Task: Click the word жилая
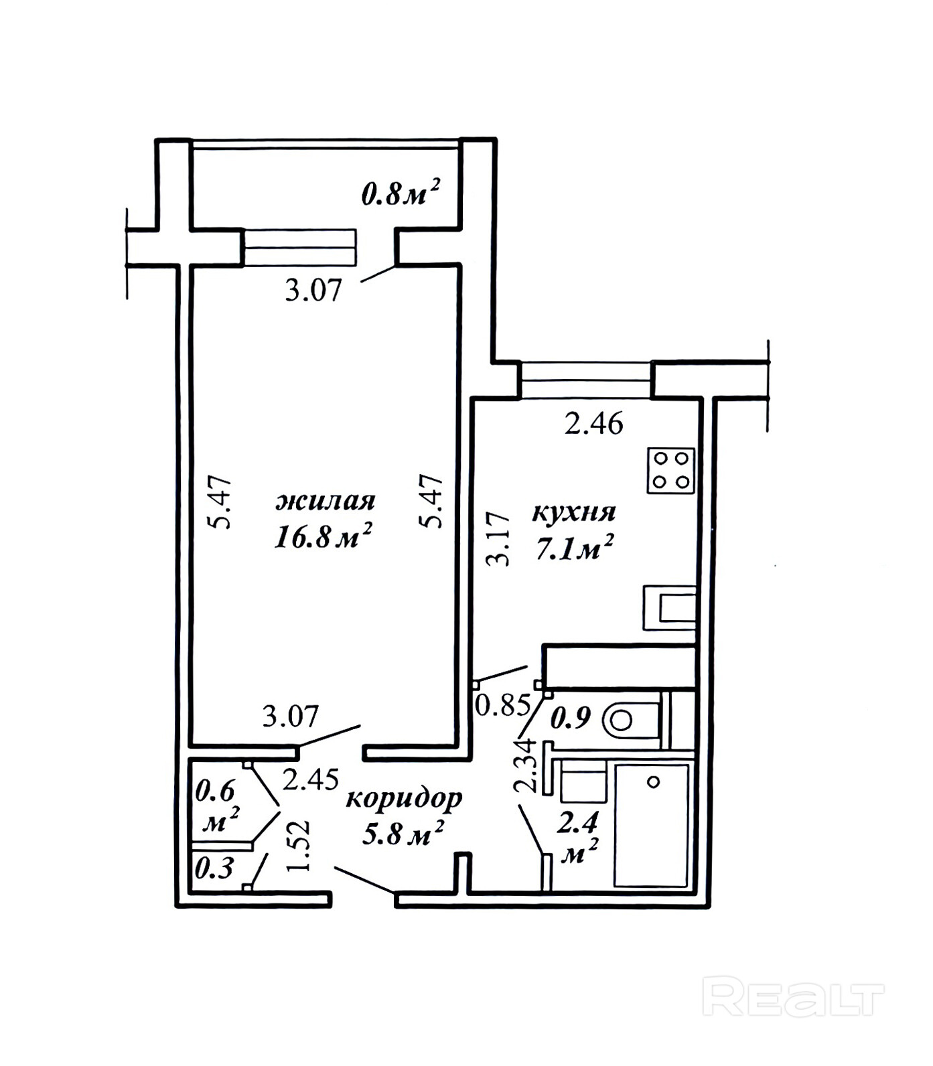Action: pos(326,501)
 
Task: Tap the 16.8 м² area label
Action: pos(323,536)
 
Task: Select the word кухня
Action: pos(574,512)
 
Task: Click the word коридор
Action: pos(404,799)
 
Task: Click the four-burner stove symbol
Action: pos(671,470)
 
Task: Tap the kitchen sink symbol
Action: pos(670,608)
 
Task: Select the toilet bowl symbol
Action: pos(632,720)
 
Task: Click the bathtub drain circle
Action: pos(654,781)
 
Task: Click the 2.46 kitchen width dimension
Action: pos(594,424)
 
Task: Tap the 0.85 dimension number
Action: pos(503,705)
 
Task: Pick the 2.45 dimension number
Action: pos(310,779)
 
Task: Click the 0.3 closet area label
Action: pos(214,869)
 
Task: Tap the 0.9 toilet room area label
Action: pos(571,718)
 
